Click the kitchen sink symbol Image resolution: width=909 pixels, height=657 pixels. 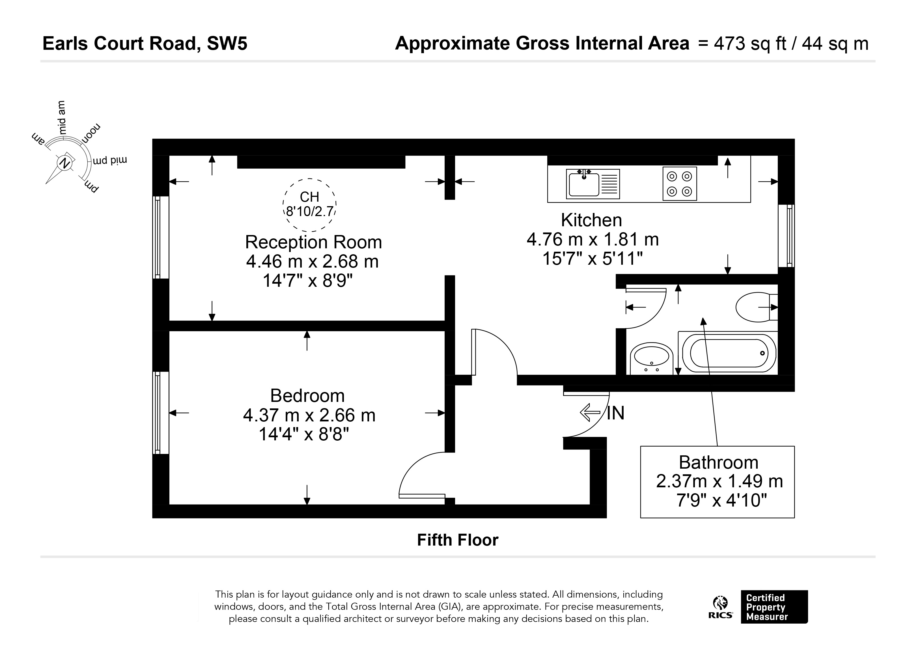(593, 184)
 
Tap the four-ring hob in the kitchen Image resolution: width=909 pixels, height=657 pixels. (679, 184)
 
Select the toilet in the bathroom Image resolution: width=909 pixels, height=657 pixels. (757, 307)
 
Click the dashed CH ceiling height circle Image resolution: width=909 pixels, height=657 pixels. (309, 205)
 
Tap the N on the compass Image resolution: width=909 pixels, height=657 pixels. (64, 163)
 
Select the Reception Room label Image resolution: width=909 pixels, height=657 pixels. (313, 242)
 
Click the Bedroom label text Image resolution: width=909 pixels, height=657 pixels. (307, 396)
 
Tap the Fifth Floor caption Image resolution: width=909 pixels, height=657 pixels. (458, 540)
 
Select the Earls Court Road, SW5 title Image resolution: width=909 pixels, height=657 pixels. (145, 44)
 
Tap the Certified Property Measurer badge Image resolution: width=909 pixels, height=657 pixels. (774, 606)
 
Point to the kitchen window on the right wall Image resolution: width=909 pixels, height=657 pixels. (786, 236)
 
